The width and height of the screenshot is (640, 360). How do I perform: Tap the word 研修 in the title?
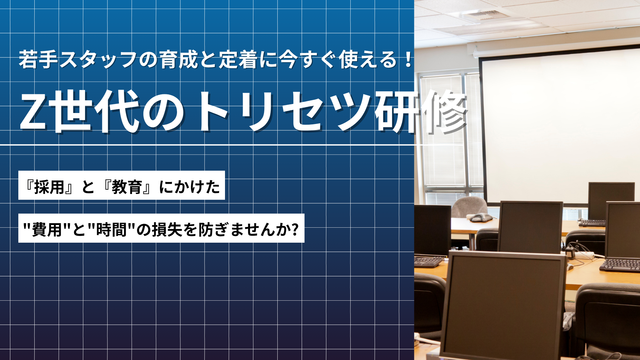[421, 112]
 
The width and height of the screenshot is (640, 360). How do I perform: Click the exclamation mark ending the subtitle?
[408, 59]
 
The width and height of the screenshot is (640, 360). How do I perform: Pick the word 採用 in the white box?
[49, 187]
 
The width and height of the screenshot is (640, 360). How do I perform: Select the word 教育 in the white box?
[127, 187]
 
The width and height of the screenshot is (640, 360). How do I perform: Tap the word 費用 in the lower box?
[47, 230]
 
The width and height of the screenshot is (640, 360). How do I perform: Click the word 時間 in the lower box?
[111, 230]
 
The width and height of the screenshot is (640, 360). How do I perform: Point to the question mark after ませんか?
[294, 229]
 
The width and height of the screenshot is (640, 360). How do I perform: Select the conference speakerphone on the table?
[480, 217]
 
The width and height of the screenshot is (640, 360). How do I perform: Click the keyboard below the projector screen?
[592, 223]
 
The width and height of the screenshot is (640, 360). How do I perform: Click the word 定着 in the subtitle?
[238, 60]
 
